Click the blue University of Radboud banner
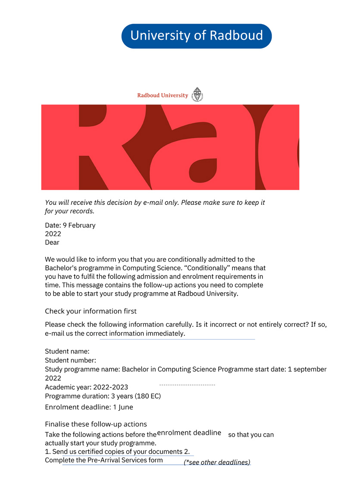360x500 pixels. click(197, 36)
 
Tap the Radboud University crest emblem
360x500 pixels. click(197, 94)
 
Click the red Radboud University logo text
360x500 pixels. click(163, 95)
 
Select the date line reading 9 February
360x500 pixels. click(70, 225)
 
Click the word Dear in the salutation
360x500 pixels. click(52, 242)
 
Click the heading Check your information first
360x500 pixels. click(91, 311)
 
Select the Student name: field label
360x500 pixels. click(67, 352)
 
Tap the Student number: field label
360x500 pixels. click(70, 360)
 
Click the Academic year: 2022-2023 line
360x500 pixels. click(86, 387)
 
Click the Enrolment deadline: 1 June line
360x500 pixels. click(89, 407)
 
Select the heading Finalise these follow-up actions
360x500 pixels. click(96, 424)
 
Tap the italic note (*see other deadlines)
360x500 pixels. click(217, 462)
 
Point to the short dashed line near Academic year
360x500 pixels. click(187, 384)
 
